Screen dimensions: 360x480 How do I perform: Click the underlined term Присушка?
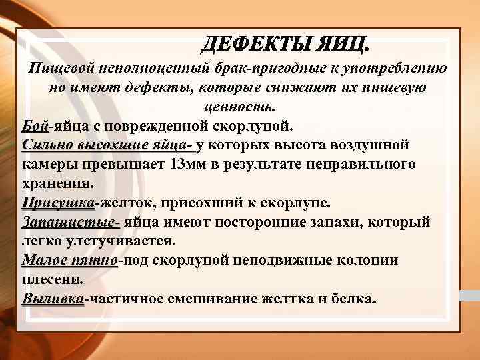click(59, 202)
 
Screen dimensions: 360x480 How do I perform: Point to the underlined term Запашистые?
click(71, 221)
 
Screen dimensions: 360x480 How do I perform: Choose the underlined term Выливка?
click(53, 299)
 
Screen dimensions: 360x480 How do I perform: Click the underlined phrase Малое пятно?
click(70, 260)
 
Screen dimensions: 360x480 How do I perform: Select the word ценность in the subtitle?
click(241, 107)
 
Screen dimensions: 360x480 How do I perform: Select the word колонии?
click(367, 260)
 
